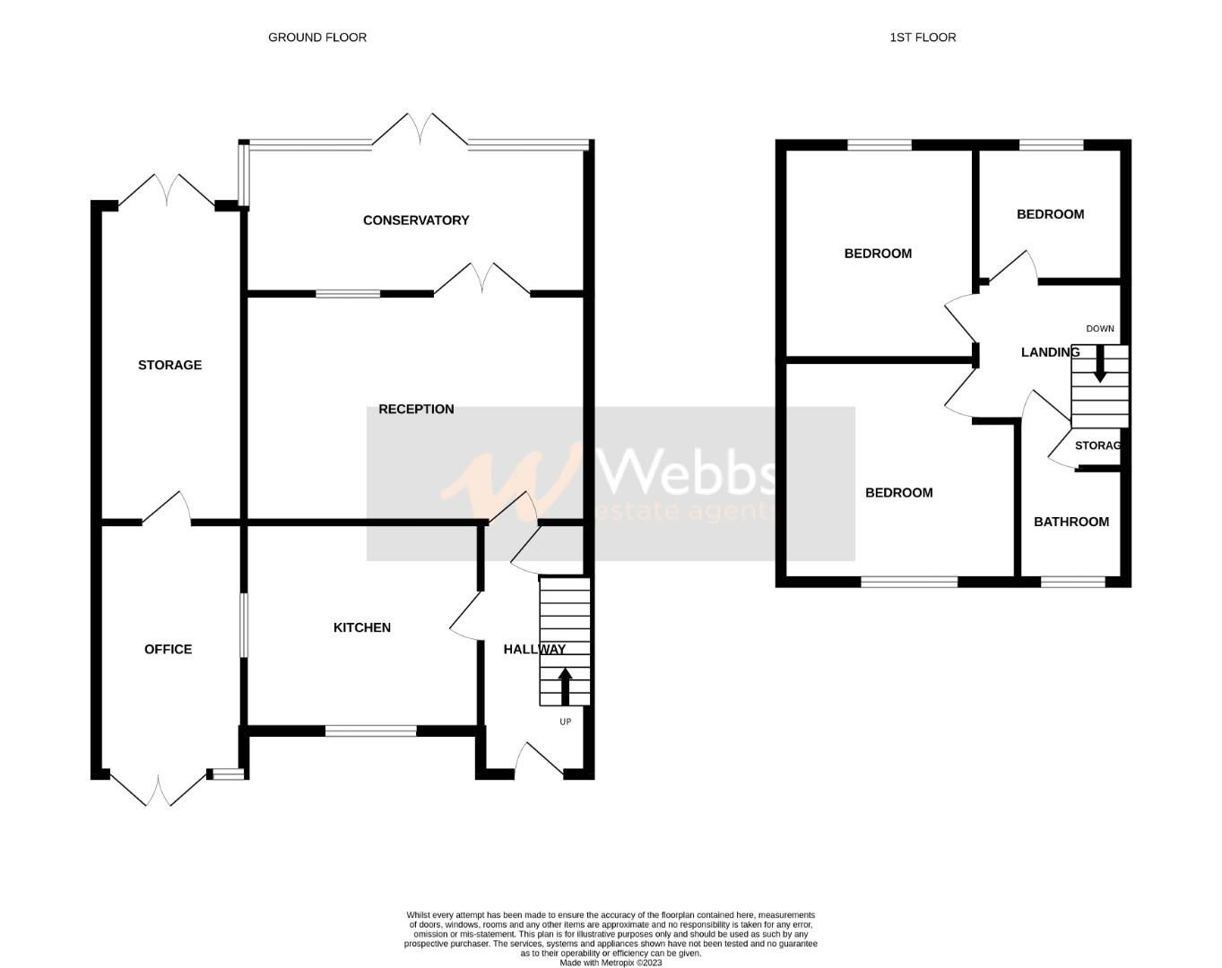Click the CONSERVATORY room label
(415, 220)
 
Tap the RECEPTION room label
(416, 410)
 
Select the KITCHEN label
(361, 627)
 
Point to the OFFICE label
(168, 649)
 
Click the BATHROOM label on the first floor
(1070, 522)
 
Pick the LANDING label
(1050, 352)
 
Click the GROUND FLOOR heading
(317, 38)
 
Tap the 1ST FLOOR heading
(923, 38)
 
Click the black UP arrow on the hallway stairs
(565, 686)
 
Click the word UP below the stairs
(565, 722)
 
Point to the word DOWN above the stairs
(1100, 329)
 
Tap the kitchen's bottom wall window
(370, 731)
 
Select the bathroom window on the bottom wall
(1072, 582)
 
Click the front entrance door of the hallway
(540, 760)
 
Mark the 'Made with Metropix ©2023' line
(611, 964)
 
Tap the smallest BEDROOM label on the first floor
(1050, 214)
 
